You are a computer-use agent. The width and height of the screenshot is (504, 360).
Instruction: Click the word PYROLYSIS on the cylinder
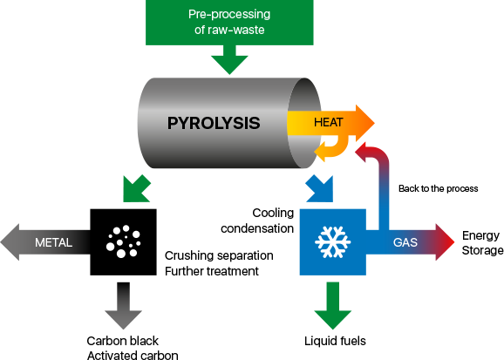(214, 123)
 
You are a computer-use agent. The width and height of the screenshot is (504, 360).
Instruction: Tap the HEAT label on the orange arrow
(329, 122)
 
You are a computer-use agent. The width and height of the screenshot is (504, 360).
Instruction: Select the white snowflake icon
(333, 242)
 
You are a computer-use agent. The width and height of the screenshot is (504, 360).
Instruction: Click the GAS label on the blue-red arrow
(405, 242)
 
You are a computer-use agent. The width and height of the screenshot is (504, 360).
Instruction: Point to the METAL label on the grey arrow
(53, 242)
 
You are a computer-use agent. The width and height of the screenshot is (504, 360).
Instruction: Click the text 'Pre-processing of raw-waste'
(229, 22)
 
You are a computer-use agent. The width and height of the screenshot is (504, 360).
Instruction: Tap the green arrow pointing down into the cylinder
(229, 60)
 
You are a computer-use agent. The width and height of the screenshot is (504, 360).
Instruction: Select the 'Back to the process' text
(438, 188)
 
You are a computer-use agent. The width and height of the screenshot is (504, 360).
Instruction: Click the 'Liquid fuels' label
(335, 341)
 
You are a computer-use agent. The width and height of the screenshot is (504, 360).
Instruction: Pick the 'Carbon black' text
(122, 341)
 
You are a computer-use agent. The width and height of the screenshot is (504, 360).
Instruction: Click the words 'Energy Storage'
(482, 243)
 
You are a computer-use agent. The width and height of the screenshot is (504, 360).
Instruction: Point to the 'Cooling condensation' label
(257, 221)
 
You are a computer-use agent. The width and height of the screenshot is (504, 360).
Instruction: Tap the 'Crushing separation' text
(219, 255)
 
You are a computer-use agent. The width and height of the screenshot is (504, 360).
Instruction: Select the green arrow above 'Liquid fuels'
(333, 305)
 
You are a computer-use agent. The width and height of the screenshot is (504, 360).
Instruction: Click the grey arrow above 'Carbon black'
(124, 305)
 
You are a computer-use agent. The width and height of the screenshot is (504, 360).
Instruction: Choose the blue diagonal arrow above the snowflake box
(319, 189)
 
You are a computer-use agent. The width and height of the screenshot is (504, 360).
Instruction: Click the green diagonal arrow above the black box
(137, 189)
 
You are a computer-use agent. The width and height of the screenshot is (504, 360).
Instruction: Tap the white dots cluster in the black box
(124, 241)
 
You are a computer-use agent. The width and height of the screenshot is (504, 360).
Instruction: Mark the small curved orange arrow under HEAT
(333, 149)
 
